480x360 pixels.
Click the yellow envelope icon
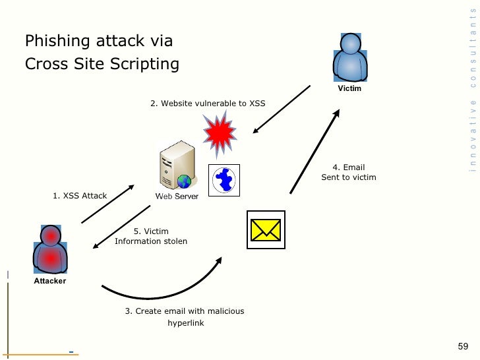point(266,229)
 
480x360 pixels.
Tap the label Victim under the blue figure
point(349,88)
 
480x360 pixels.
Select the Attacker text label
point(50,281)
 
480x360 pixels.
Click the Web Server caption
point(177,196)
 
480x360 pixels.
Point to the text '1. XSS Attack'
point(80,196)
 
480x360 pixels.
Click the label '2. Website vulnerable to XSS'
point(208,104)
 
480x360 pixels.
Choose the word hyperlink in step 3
point(185,324)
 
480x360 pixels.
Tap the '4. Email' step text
point(348,167)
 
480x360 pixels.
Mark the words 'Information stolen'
point(151,241)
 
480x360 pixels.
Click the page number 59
point(462,347)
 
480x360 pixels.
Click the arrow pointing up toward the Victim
point(315,152)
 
